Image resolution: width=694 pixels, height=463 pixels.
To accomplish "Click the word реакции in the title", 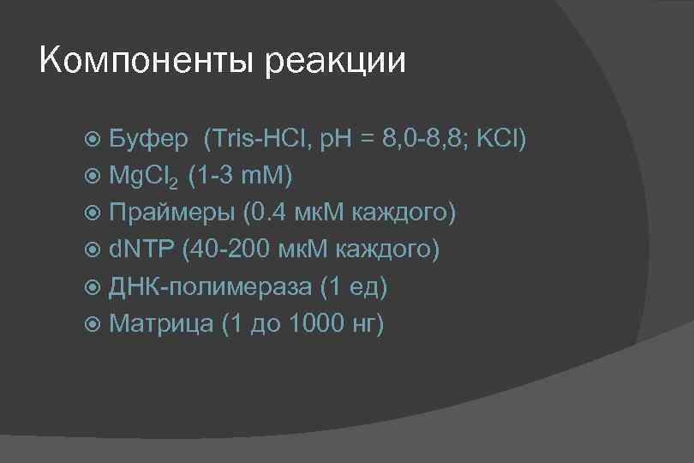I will coord(335,62).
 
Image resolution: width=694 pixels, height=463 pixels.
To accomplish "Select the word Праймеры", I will coord(171,213).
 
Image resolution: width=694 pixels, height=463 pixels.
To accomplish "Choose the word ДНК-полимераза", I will coord(211,286).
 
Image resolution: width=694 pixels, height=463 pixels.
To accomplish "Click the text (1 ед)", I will coord(353,286).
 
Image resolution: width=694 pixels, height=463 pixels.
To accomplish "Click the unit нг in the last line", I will coord(365,324).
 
